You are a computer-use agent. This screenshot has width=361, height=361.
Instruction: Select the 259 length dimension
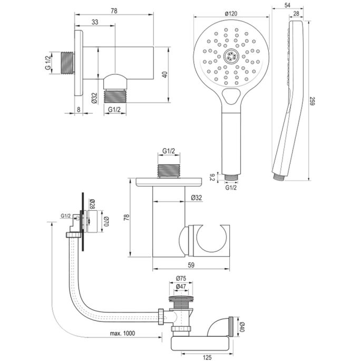[x=312, y=101]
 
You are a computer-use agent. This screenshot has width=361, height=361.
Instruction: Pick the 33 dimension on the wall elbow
[x=95, y=22]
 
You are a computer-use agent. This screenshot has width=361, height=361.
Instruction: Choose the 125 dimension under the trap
[x=208, y=357]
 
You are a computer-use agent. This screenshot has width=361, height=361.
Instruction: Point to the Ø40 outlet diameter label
[x=242, y=325]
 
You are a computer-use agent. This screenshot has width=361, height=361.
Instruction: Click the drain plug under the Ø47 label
[x=180, y=301]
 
